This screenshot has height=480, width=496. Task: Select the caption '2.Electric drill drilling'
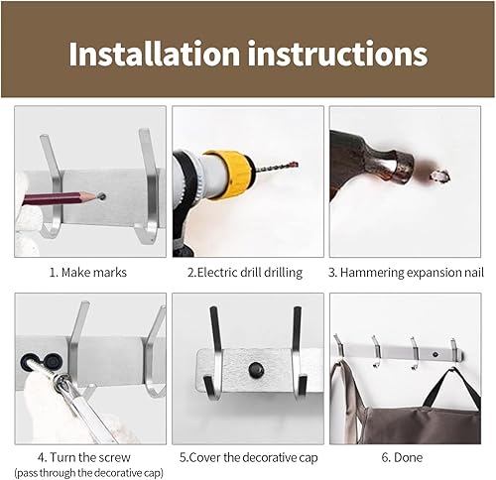point(247,271)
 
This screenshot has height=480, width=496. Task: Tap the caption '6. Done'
point(407,458)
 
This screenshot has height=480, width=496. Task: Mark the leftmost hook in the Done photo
point(340,346)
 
